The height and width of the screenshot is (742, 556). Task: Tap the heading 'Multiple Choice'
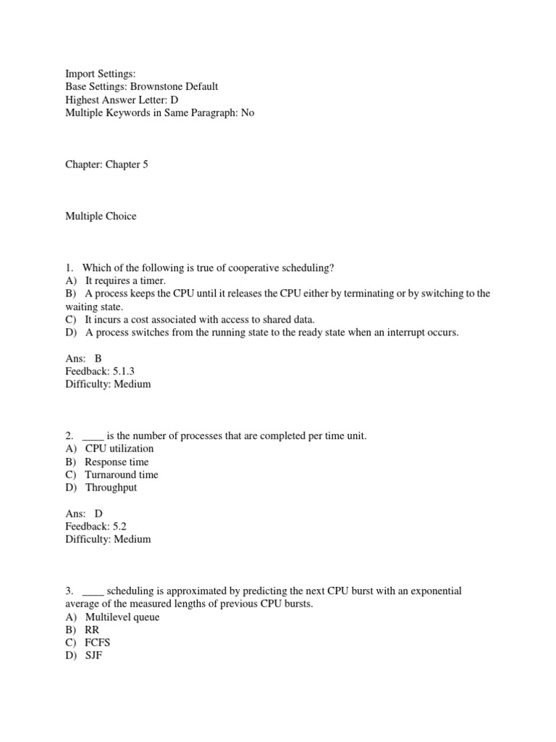[x=101, y=216]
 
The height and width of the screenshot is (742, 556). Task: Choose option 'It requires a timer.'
[x=125, y=280]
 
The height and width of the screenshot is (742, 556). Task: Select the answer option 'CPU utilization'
[x=119, y=449]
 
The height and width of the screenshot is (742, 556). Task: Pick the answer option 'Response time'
[x=117, y=462]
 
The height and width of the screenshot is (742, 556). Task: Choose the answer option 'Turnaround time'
[x=121, y=475]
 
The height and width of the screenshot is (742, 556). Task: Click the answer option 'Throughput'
[x=111, y=488]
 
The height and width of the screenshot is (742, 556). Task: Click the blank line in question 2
[x=93, y=437]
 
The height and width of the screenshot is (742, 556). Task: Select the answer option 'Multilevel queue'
[x=122, y=617]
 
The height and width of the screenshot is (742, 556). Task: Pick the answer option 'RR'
[x=92, y=630]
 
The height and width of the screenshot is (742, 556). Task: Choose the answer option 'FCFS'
[x=98, y=643]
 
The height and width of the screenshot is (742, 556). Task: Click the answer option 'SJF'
[x=95, y=656]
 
